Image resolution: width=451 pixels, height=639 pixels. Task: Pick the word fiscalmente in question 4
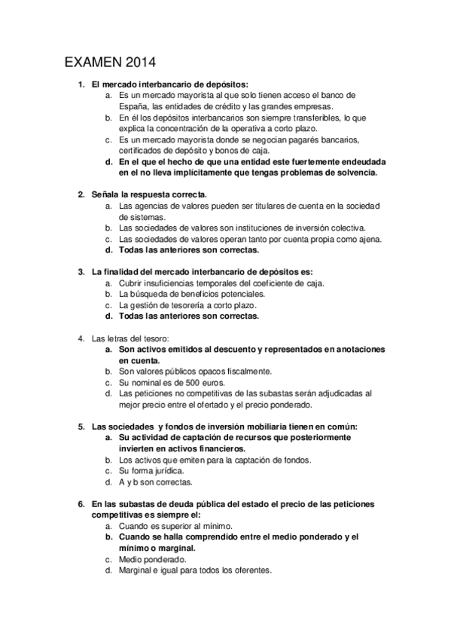(x=248, y=371)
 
